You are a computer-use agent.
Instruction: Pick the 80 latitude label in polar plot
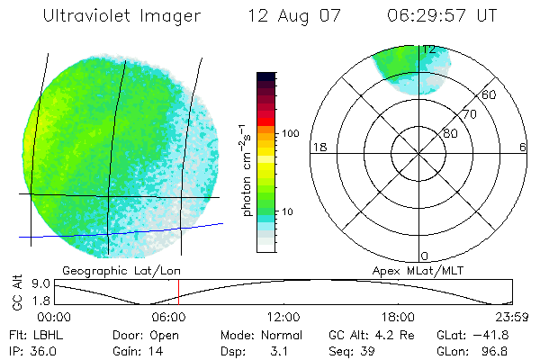(x=450, y=133)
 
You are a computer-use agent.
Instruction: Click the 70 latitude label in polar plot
(x=468, y=115)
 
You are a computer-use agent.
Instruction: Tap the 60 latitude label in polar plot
(x=489, y=94)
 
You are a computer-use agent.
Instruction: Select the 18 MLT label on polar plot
(x=318, y=148)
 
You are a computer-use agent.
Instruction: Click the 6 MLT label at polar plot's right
(x=523, y=148)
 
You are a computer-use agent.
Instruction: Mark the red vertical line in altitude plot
(x=178, y=292)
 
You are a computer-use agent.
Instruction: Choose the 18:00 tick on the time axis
(x=398, y=317)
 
